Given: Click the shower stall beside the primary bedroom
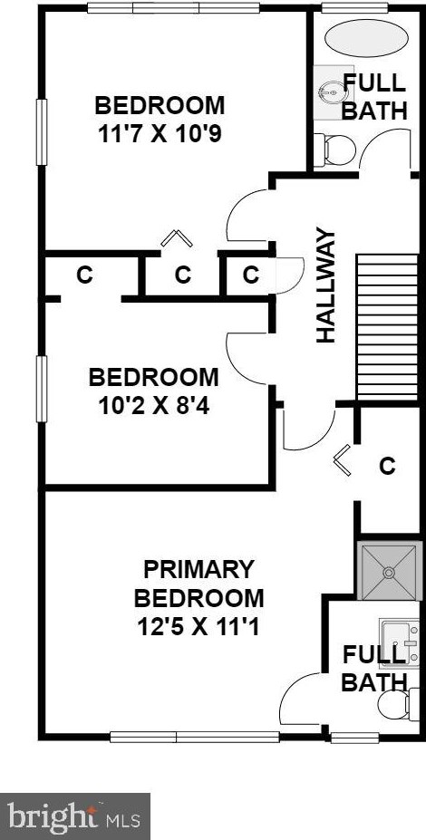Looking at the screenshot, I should pos(391,571).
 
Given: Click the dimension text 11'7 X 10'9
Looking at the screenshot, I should pos(160,135).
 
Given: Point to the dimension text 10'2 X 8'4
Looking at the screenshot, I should pos(153,403).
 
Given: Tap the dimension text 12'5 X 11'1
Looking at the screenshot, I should pos(198,625).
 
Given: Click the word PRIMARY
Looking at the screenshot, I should pos(198,570).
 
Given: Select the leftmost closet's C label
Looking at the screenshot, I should pos(84,275).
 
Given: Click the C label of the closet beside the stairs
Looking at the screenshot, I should pos(387,467).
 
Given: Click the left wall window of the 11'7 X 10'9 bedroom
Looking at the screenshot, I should pos(41,132).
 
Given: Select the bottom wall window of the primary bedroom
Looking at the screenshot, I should pos(194,737).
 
